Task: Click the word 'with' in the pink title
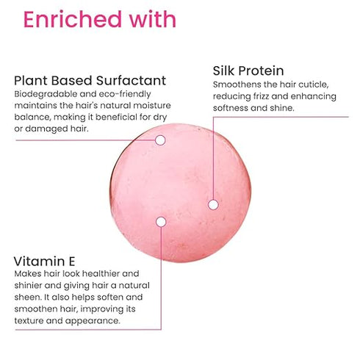click(x=151, y=19)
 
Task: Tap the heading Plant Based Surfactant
click(x=90, y=80)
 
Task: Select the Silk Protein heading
click(x=248, y=71)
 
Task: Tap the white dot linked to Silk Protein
click(x=212, y=204)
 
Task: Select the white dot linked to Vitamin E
click(x=161, y=221)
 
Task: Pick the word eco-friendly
click(x=120, y=95)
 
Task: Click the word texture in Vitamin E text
click(x=31, y=320)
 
